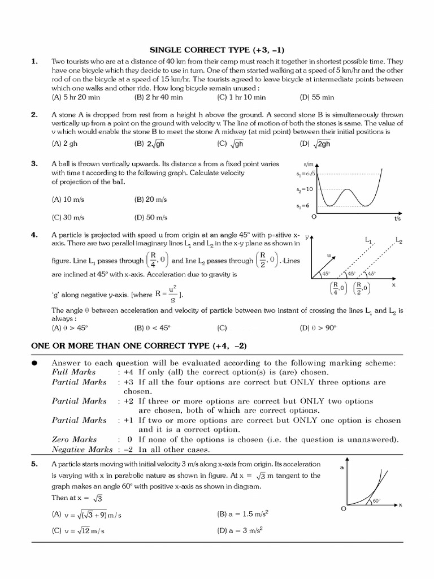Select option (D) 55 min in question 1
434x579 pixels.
317,97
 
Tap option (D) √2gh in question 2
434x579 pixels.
317,144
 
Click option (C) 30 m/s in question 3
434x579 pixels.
68,217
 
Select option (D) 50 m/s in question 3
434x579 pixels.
151,217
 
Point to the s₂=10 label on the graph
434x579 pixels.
305,191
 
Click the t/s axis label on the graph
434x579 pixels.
397,218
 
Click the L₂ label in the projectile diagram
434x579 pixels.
399,240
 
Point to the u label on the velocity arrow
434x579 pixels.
328,256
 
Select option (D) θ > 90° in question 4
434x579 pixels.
319,327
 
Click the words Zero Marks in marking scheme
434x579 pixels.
74,439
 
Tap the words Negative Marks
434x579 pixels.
83,450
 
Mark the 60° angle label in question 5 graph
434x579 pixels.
376,500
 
